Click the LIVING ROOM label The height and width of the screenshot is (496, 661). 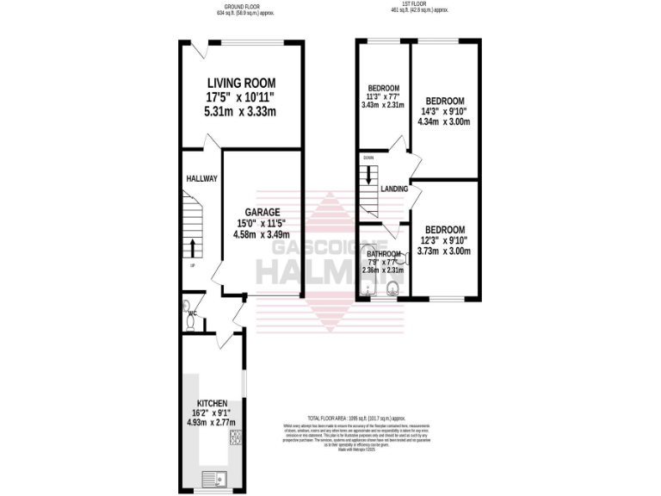pos(241,83)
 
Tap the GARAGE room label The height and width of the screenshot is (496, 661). pos(262,212)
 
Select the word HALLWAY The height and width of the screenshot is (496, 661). pos(201,178)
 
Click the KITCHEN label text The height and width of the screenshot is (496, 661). pos(212,403)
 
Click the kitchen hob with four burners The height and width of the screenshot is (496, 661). pos(235,440)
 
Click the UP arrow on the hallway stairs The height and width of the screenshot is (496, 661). pos(191,250)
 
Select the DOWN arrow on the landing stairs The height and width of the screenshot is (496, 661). pos(368,175)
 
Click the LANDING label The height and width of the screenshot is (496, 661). pos(394,189)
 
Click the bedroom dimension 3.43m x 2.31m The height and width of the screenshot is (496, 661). pos(384,106)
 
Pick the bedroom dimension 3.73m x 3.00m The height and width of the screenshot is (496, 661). pos(446,251)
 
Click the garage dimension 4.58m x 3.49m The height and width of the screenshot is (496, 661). pos(262,234)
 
